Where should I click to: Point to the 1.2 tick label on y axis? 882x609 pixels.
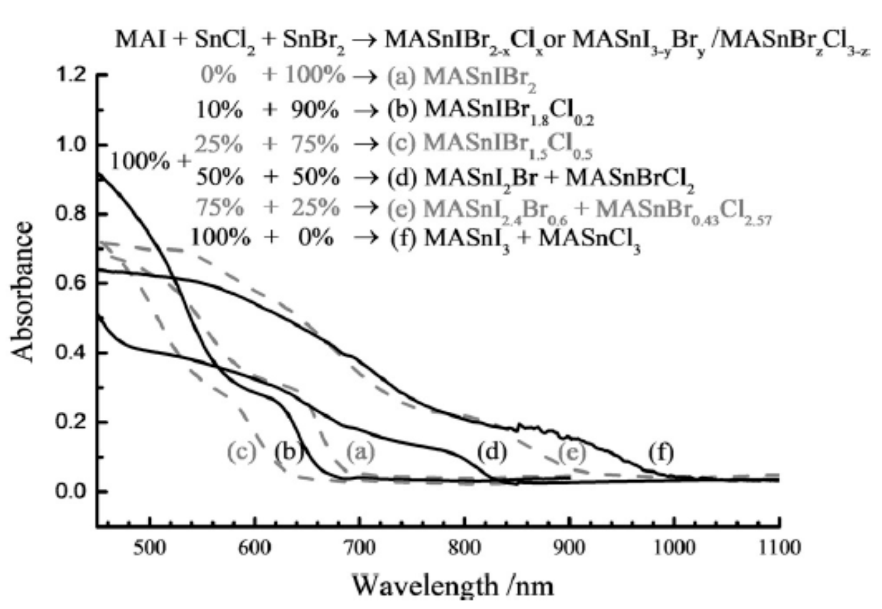pyautogui.click(x=71, y=75)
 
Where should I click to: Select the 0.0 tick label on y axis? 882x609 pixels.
pyautogui.click(x=71, y=491)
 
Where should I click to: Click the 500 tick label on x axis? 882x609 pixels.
pyautogui.click(x=150, y=549)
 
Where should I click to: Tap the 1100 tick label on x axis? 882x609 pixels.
pyautogui.click(x=779, y=549)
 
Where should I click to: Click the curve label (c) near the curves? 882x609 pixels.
pyautogui.click(x=241, y=452)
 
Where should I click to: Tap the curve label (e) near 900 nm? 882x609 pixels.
pyautogui.click(x=572, y=452)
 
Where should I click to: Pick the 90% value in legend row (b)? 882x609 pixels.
pyautogui.click(x=315, y=111)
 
